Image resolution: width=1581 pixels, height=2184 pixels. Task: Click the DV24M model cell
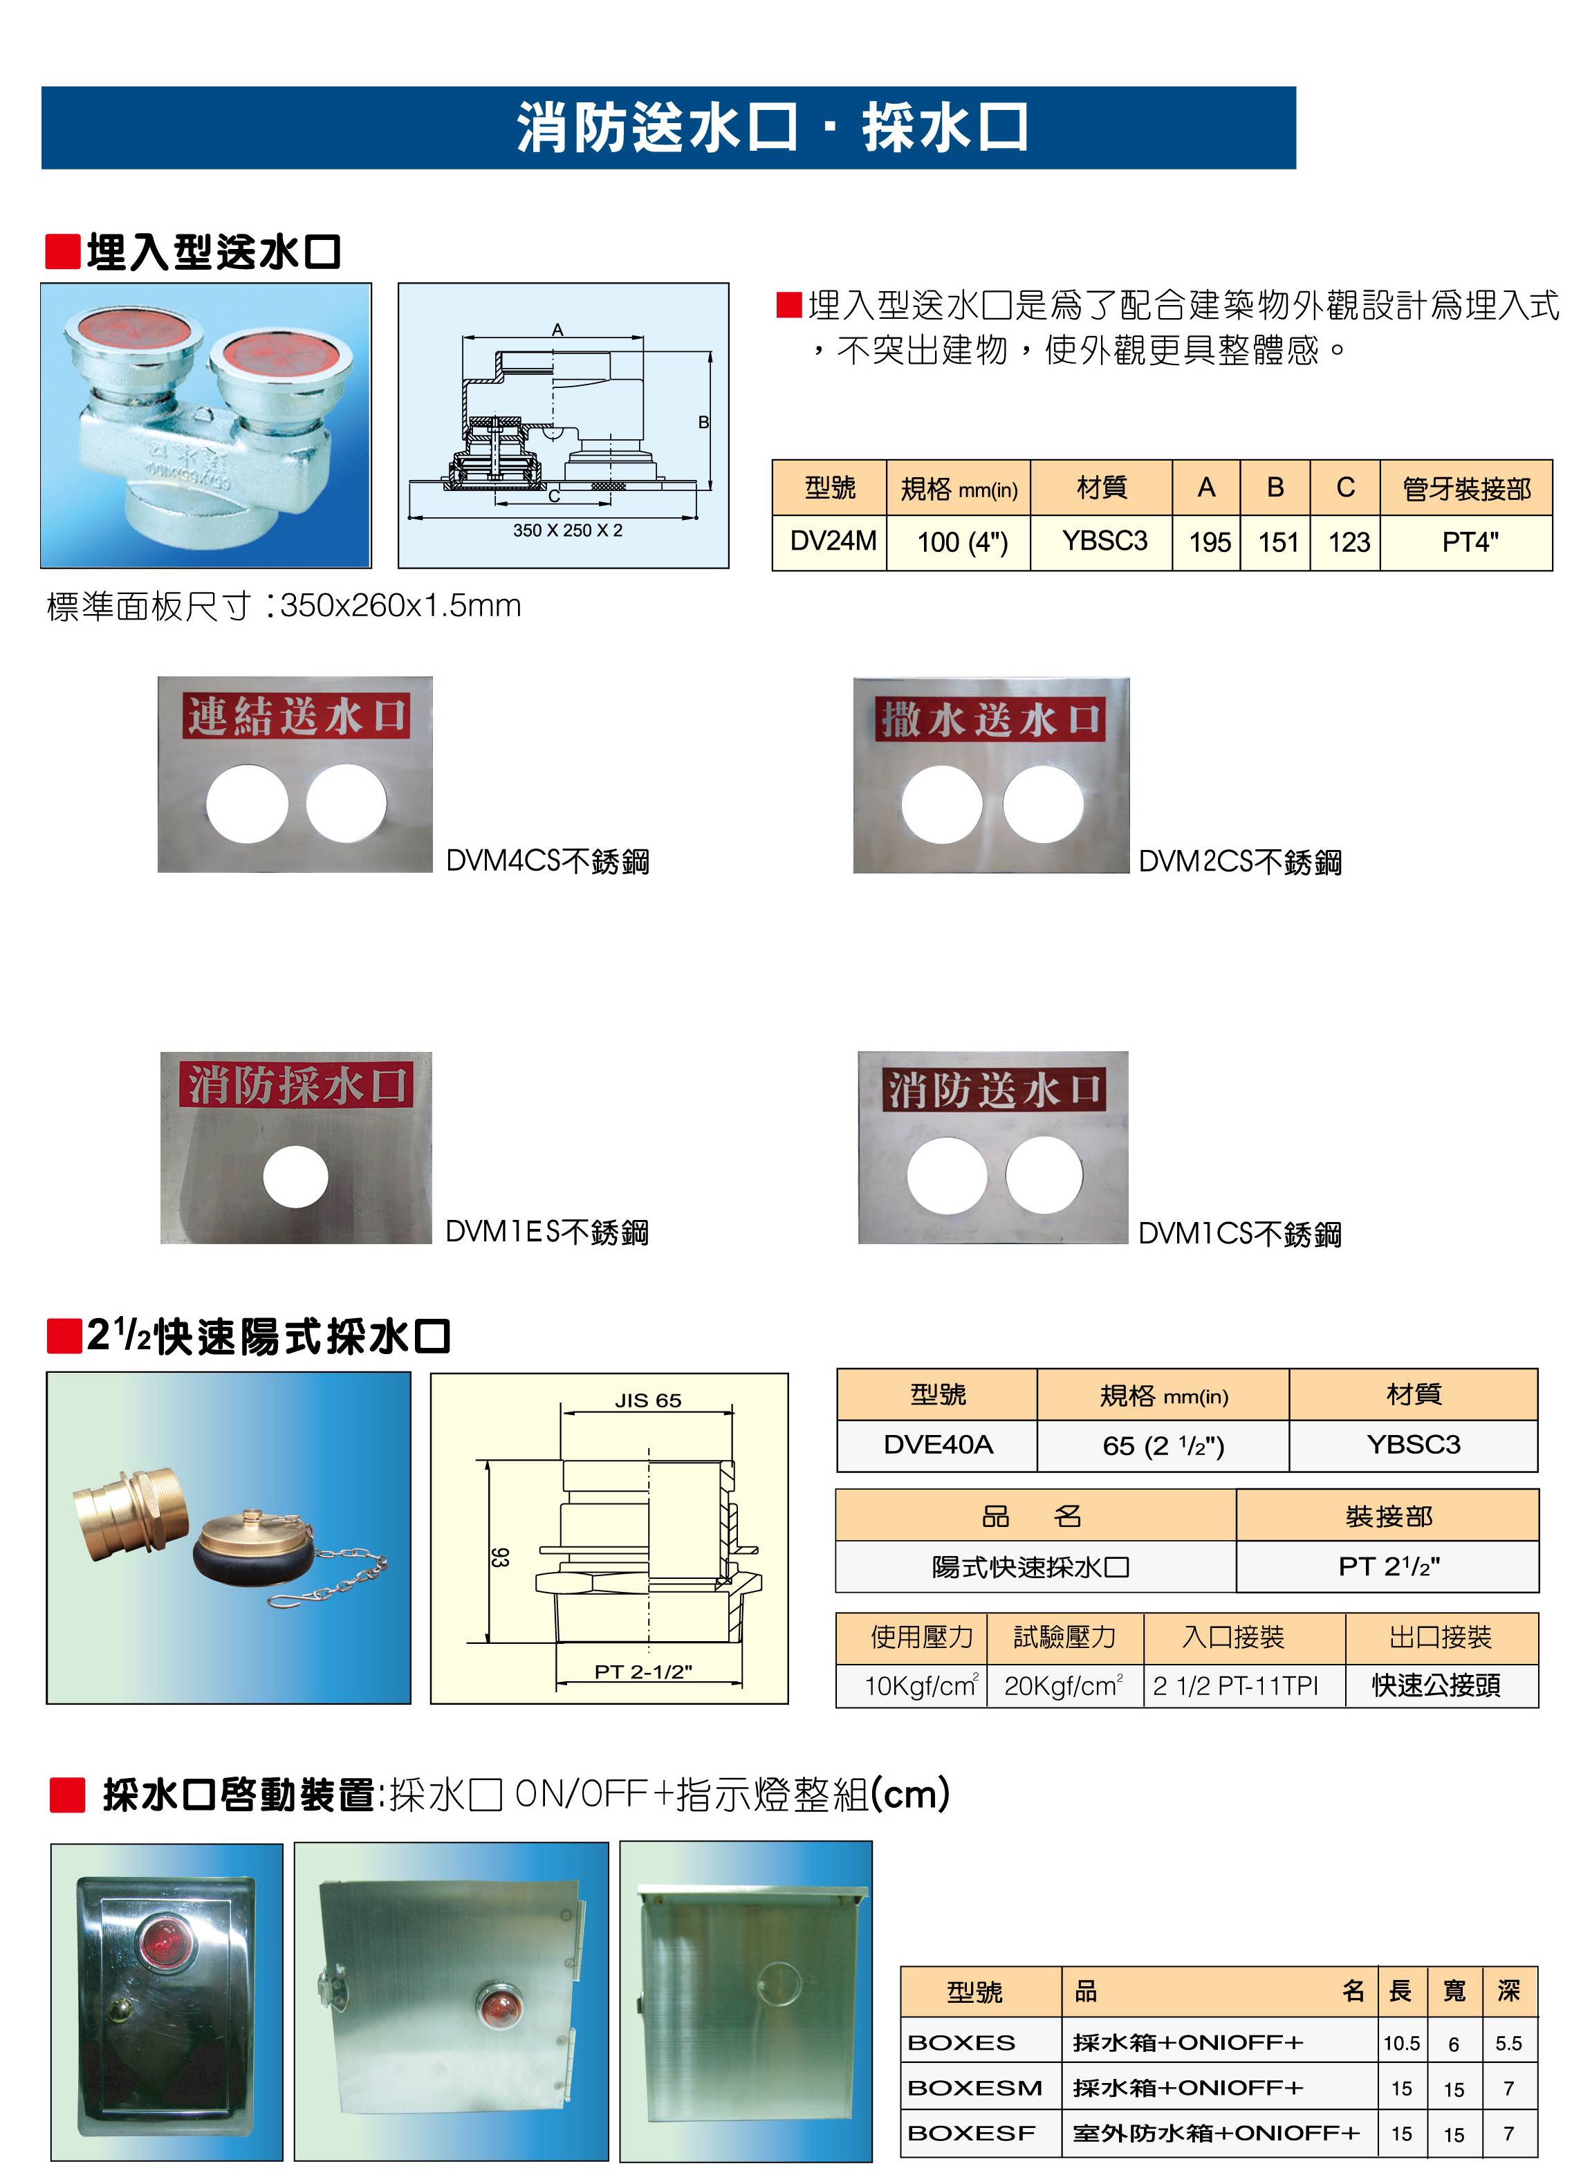click(832, 542)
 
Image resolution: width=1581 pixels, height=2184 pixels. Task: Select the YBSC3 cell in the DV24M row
click(1103, 542)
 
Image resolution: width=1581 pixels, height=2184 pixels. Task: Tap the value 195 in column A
click(1210, 543)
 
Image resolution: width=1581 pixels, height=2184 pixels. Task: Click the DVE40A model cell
click(937, 1445)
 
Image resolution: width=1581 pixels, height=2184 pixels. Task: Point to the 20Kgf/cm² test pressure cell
click(1063, 1685)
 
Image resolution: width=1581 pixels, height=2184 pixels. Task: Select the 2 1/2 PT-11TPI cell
click(1235, 1685)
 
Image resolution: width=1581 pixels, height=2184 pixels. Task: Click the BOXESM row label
click(974, 2088)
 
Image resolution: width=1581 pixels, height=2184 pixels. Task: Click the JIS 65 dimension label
click(647, 1400)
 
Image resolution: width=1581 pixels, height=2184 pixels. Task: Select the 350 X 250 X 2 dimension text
click(567, 530)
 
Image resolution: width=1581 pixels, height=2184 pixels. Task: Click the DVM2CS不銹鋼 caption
click(1239, 862)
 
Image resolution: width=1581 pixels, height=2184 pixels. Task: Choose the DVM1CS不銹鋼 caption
click(1239, 1234)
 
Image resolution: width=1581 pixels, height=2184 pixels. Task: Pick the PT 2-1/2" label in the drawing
click(642, 1672)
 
